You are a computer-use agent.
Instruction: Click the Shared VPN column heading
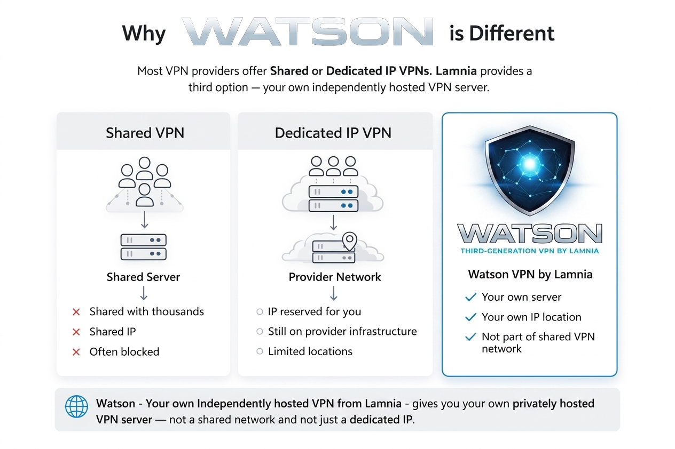[145, 133]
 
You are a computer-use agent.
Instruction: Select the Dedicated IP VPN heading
[333, 133]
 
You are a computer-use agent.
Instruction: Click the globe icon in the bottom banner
[76, 407]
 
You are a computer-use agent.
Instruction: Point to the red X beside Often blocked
[76, 352]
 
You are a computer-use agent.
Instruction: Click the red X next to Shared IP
[76, 332]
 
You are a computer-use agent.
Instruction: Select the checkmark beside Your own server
[470, 297]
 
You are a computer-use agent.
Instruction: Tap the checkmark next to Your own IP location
[470, 317]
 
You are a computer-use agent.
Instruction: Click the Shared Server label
[143, 277]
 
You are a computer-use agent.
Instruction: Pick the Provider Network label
[335, 277]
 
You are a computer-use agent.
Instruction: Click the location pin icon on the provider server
[349, 240]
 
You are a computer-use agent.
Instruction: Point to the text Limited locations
[310, 351]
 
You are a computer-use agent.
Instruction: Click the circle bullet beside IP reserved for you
[260, 312]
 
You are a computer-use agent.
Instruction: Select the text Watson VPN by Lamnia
[530, 275]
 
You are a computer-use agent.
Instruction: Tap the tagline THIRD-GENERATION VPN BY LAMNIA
[529, 251]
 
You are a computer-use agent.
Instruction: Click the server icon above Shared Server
[143, 247]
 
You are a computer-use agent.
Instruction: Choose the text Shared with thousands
[146, 311]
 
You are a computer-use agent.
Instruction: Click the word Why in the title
[144, 34]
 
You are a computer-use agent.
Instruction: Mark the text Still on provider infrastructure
[342, 331]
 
